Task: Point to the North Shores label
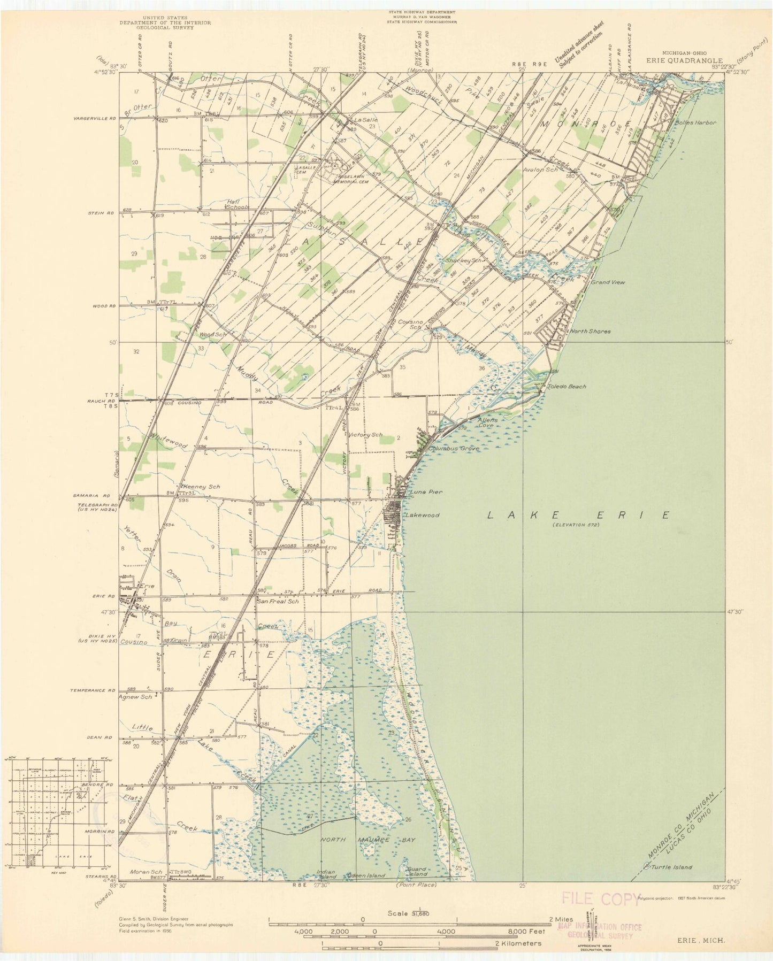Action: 590,331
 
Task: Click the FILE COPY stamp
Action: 600,898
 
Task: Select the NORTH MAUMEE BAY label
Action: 368,855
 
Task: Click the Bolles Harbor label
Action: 695,122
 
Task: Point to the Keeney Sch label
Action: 201,487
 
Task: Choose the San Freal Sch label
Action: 277,601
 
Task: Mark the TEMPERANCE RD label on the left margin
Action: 93,690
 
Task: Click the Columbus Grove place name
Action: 454,449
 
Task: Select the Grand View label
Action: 607,282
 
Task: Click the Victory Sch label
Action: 365,435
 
